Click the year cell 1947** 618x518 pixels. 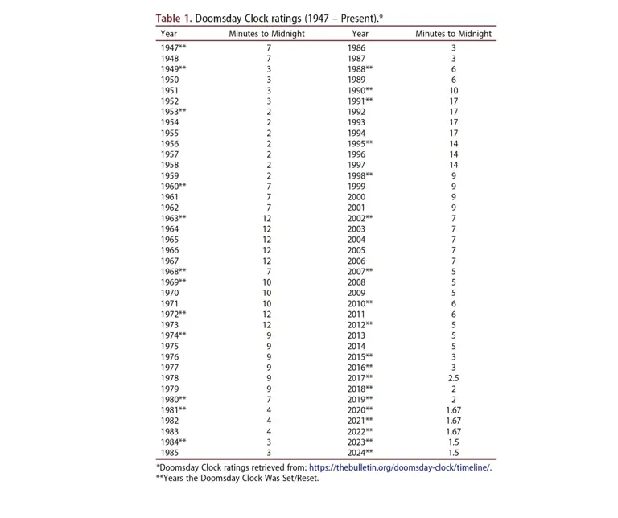tap(174, 48)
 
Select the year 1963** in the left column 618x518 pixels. tap(174, 218)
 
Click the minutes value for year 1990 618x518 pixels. tap(454, 91)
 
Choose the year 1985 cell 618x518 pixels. tap(170, 452)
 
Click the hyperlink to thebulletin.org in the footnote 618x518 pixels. tap(400, 467)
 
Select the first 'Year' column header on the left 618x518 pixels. tap(169, 34)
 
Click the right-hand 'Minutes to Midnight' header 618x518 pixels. tap(453, 34)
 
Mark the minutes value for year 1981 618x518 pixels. tap(269, 410)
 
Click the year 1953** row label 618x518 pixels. tap(174, 112)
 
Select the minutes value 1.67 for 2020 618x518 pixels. tap(454, 410)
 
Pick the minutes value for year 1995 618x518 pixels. tap(454, 144)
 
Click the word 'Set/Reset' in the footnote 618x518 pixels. tap(296, 479)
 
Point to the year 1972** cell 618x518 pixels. tap(174, 314)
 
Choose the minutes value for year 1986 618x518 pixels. tap(454, 48)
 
